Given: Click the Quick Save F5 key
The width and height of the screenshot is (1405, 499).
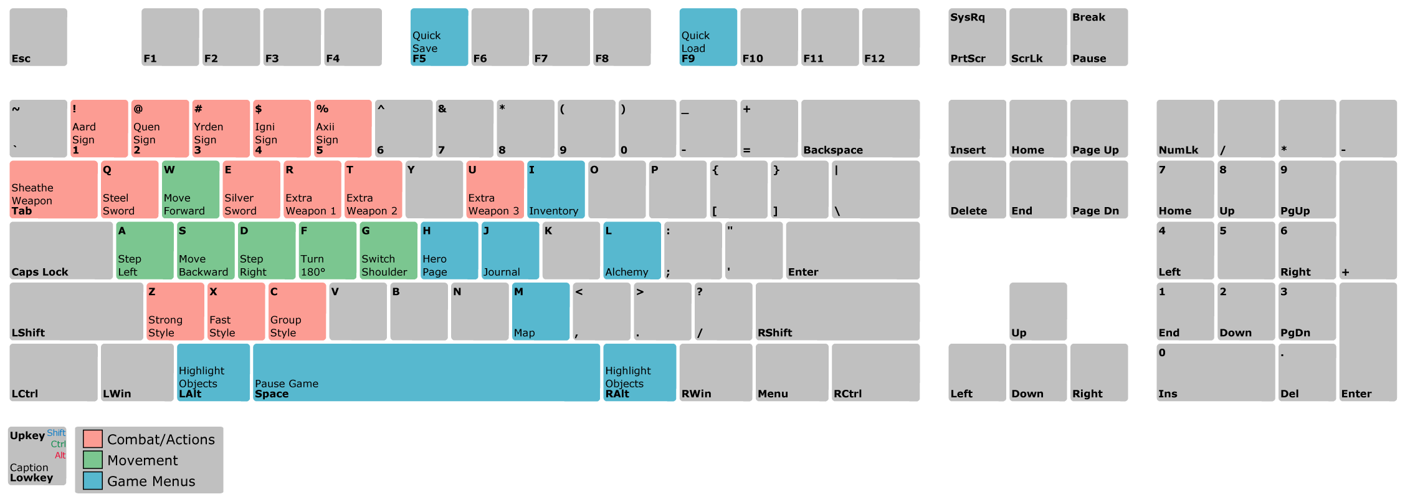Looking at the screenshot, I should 439,37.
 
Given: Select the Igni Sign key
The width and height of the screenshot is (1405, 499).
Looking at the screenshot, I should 282,128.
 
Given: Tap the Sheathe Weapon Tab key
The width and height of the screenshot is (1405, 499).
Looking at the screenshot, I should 54,190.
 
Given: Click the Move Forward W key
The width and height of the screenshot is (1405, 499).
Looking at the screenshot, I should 190,190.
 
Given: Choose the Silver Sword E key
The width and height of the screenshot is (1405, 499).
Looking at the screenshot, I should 251,190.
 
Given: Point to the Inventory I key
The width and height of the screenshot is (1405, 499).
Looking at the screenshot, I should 556,190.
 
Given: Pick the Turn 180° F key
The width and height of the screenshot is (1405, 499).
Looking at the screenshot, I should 327,251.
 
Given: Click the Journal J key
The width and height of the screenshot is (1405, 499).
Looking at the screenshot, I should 510,251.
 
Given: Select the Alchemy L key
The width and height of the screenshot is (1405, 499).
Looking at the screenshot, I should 632,251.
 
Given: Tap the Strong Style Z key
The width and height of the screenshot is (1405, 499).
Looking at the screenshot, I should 175,311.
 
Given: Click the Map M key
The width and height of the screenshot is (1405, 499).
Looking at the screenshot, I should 541,311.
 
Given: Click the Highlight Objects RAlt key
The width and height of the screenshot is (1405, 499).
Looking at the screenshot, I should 639,372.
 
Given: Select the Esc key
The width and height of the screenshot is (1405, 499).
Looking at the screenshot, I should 38,37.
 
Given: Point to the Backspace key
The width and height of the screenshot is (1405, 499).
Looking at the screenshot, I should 860,128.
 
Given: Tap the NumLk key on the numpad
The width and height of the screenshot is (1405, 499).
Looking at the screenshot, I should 1185,128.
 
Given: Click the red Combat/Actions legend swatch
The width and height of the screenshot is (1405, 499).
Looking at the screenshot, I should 93,439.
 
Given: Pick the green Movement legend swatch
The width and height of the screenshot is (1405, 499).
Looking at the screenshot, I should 93,460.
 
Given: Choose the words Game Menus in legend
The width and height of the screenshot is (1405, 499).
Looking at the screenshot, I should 151,481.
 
